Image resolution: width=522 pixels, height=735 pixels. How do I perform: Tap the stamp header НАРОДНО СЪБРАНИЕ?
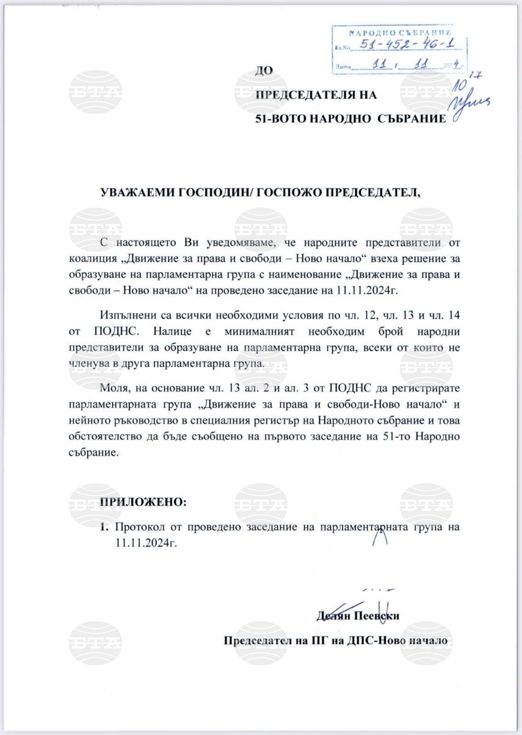(x=400, y=33)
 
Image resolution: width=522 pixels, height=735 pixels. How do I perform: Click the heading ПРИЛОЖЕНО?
(x=143, y=502)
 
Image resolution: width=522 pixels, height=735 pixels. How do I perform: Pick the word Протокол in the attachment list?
(x=139, y=527)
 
